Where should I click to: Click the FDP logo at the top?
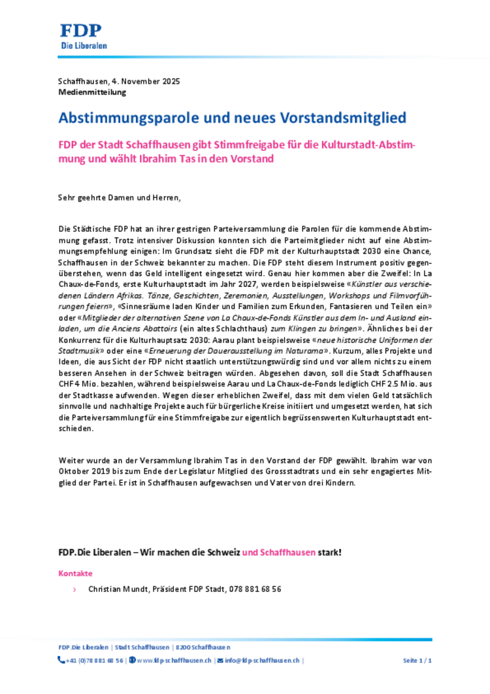click(83, 37)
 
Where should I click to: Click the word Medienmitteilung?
click(92, 92)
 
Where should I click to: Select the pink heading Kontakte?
click(76, 573)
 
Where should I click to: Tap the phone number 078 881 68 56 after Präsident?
click(255, 589)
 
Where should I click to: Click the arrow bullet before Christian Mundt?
click(74, 589)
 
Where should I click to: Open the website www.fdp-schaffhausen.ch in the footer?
click(174, 661)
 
